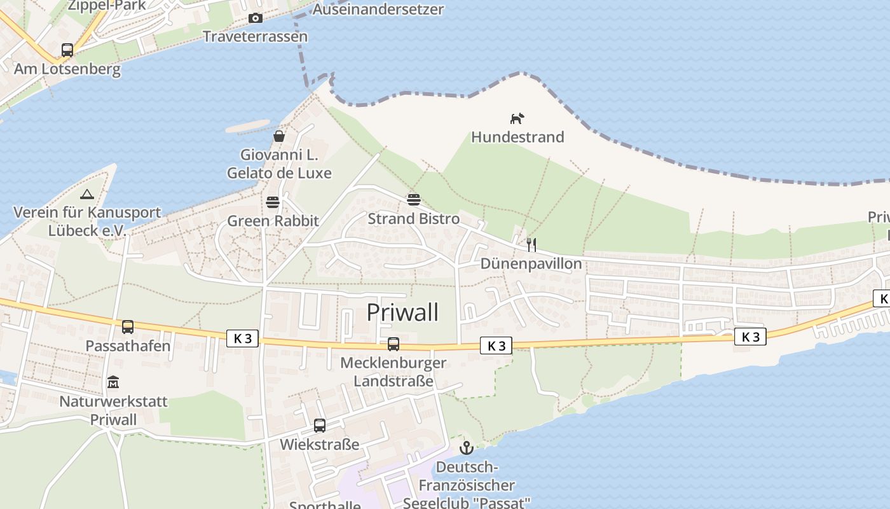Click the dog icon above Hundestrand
(x=517, y=118)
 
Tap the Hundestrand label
(x=517, y=137)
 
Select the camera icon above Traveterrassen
(x=256, y=18)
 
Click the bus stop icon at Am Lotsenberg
(x=67, y=50)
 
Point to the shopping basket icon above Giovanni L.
(x=279, y=136)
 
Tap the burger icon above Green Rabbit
(x=273, y=202)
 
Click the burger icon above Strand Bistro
(x=414, y=200)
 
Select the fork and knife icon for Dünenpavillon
(x=531, y=244)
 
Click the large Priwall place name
(x=403, y=312)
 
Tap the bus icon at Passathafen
(x=128, y=327)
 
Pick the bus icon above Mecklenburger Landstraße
(x=394, y=344)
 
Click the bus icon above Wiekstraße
(x=320, y=425)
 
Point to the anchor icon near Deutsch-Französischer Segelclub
(x=467, y=448)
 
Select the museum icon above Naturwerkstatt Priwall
(x=113, y=382)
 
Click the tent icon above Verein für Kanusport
(x=87, y=194)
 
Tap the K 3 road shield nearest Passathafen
(x=242, y=338)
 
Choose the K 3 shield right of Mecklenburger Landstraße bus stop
(x=496, y=345)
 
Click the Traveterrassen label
(x=255, y=36)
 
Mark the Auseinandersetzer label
(x=378, y=10)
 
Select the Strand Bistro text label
(x=414, y=219)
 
